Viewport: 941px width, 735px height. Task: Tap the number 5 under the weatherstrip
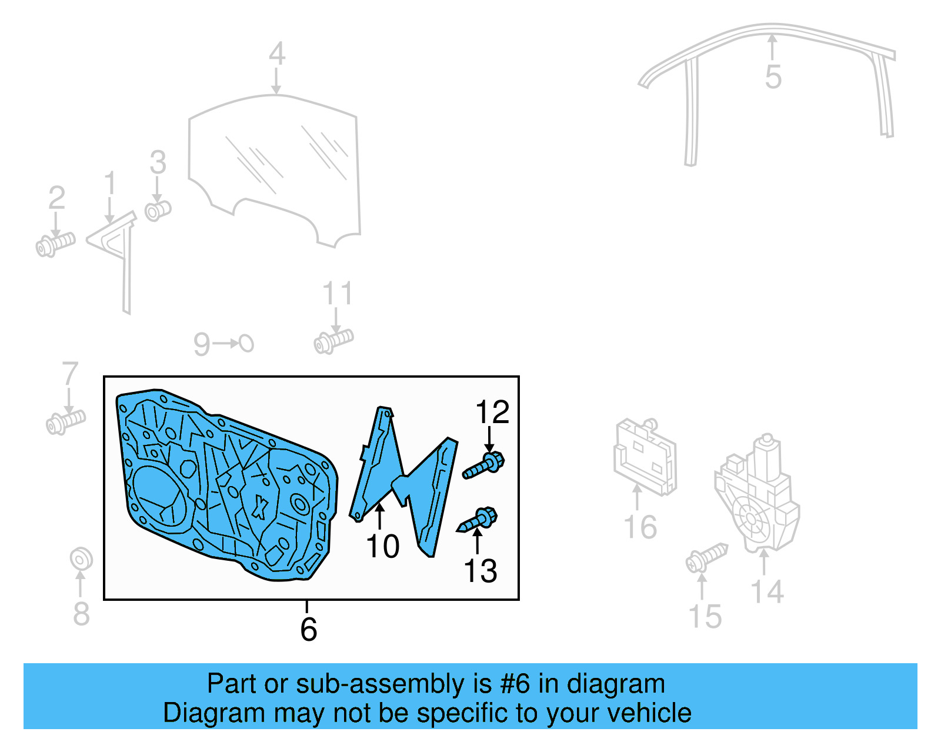coord(773,77)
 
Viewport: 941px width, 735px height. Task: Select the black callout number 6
coord(309,629)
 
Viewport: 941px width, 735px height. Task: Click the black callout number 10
coord(382,547)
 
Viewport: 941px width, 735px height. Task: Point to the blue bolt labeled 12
coord(485,465)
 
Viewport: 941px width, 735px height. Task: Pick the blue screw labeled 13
coord(479,520)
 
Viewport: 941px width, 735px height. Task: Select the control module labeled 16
coord(645,457)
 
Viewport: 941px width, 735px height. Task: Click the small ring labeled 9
coord(246,343)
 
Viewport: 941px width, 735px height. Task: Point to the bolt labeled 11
coord(333,341)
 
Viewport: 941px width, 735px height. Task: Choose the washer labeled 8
coord(81,558)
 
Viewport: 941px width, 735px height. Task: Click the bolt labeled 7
coord(65,421)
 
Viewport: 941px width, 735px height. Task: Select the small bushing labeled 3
coord(158,209)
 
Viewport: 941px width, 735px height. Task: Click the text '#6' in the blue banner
coord(515,684)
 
